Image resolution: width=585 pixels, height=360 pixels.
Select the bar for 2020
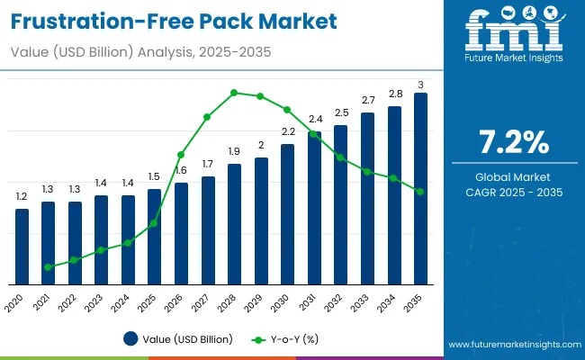22,247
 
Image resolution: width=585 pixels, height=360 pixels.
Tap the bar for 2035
420,189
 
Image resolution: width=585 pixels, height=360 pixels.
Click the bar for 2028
234,224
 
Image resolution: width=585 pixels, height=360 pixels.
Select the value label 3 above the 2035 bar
420,85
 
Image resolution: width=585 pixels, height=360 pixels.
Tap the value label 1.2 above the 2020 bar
22,196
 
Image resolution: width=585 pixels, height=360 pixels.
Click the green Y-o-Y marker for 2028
234,93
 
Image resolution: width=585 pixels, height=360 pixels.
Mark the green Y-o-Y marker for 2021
48,267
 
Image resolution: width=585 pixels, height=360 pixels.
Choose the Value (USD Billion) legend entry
178,339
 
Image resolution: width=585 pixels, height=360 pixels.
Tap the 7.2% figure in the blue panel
512,142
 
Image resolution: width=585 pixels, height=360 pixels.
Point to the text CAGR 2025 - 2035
512,193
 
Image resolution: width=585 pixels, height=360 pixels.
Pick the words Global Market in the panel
512,176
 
